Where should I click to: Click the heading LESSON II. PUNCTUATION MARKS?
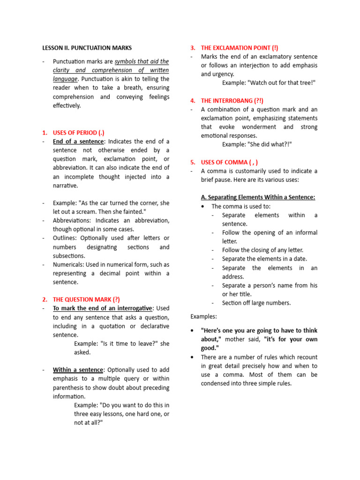[x=87, y=48]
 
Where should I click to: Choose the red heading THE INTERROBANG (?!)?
[x=232, y=101]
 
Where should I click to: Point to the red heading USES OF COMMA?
[x=229, y=162]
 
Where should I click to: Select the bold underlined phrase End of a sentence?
[x=78, y=142]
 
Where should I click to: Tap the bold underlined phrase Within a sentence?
[x=78, y=370]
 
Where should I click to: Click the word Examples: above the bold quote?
[x=204, y=317]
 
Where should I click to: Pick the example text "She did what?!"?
[x=257, y=144]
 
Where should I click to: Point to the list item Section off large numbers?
[x=256, y=303]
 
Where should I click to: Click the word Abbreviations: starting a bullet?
[x=73, y=220]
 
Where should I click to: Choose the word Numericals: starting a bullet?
[x=70, y=265]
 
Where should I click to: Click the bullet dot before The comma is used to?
[x=202, y=206]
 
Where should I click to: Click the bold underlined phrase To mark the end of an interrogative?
[x=103, y=308]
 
